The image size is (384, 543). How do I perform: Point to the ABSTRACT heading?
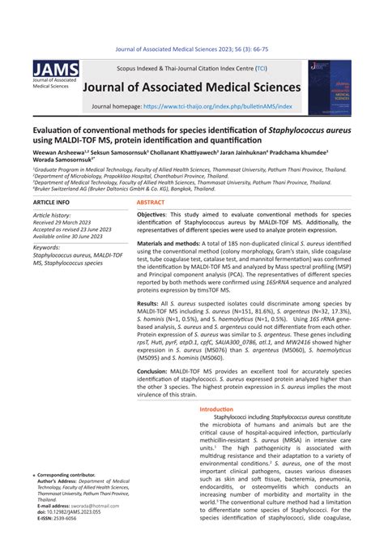click(151, 202)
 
